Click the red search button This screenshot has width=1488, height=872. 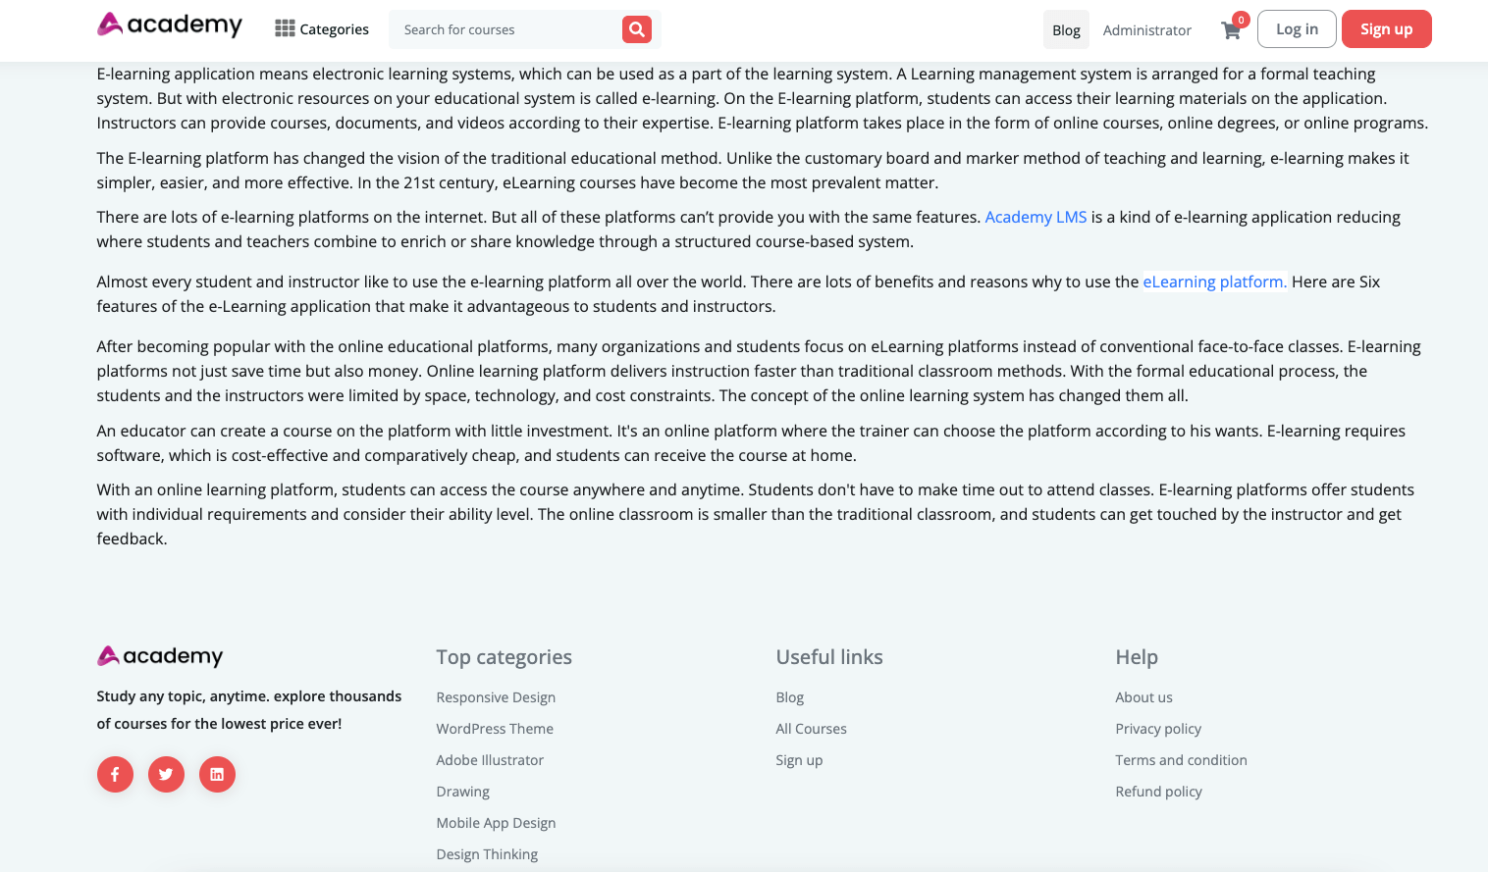tap(636, 29)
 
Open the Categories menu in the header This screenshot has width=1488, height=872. tap(322, 29)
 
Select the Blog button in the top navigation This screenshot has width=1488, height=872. tap(1066, 30)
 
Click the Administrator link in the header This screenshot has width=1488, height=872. tap(1146, 30)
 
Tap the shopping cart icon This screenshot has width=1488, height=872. tap(1231, 30)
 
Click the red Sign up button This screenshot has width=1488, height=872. tap(1386, 29)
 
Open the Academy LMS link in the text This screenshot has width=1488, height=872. tap(1036, 217)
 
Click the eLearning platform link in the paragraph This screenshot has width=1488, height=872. tap(1214, 282)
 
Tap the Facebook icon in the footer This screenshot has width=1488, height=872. tap(115, 774)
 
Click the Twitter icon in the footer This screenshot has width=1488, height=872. tap(166, 774)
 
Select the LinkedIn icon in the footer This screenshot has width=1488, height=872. tap(217, 774)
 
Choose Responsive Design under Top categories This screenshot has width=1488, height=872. tap(496, 697)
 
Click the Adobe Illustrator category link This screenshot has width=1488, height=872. tap(490, 760)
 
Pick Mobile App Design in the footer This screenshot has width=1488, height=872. tap(496, 823)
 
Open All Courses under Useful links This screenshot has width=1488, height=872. tap(811, 729)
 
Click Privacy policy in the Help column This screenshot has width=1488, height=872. tap(1158, 729)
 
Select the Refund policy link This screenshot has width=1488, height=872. tap(1158, 792)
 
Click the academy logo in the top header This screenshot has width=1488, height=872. tap(170, 25)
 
